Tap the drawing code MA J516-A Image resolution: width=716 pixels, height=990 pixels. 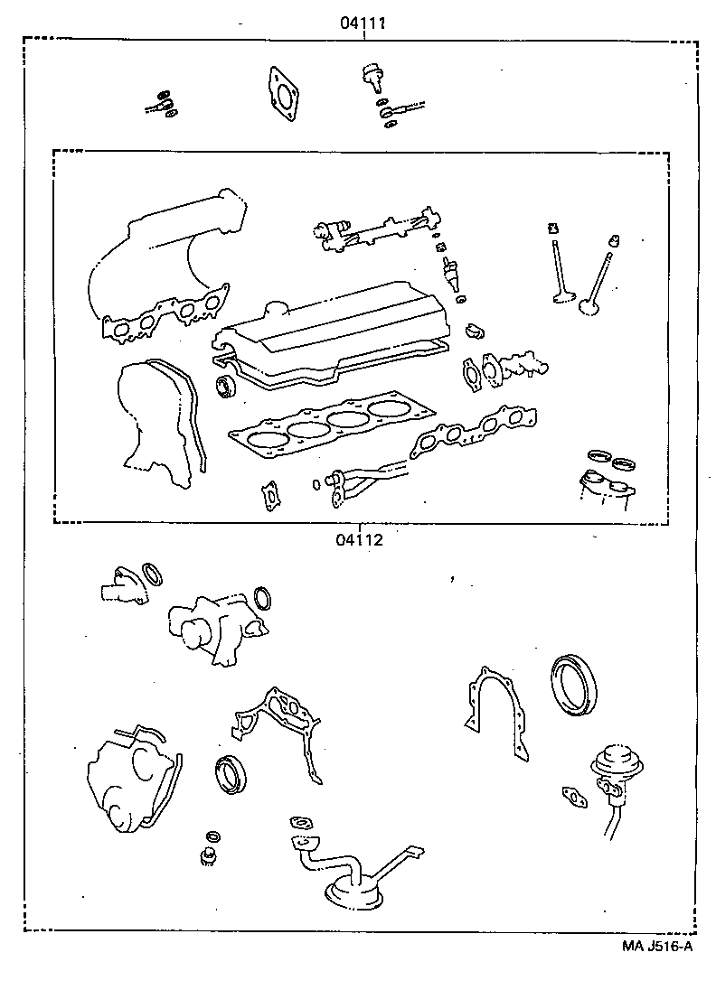pyautogui.click(x=657, y=946)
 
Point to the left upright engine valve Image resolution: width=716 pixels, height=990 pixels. pyautogui.click(x=556, y=271)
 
